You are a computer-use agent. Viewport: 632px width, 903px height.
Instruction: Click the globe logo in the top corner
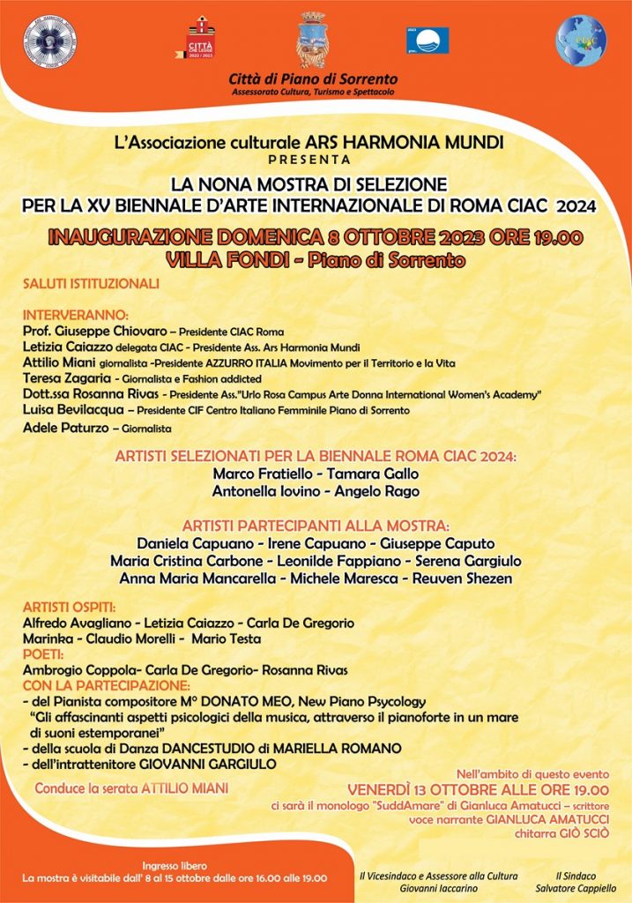(581, 41)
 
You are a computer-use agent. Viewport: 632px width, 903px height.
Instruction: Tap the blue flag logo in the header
(428, 40)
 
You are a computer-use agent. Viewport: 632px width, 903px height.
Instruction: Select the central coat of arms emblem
(311, 40)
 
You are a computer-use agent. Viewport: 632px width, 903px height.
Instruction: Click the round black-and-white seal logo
(49, 41)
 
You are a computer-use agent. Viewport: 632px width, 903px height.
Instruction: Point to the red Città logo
(202, 40)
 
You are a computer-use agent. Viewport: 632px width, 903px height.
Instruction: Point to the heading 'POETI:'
(43, 654)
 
